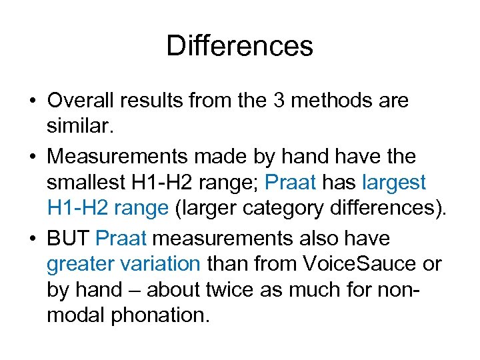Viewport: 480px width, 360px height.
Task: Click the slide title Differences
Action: (x=239, y=46)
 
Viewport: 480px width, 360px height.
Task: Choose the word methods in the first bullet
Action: (x=329, y=101)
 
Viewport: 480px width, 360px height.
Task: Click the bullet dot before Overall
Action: (x=32, y=102)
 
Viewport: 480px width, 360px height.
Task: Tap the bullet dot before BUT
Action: (x=32, y=239)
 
